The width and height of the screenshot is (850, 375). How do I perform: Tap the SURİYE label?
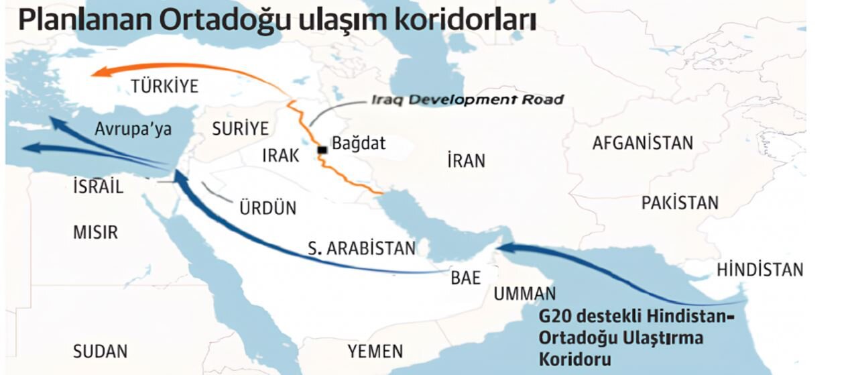click(240, 129)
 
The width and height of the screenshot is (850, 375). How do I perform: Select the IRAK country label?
click(280, 156)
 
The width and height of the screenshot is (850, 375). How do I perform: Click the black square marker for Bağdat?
click(322, 150)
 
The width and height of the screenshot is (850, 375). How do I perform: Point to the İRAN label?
click(466, 161)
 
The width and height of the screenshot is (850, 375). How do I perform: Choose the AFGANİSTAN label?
click(642, 143)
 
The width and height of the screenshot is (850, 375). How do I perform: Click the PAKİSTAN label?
click(680, 203)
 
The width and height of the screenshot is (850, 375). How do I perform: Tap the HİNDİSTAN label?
click(760, 270)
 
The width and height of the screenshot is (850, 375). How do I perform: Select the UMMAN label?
click(525, 294)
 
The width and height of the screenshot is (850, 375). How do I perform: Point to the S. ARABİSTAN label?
click(362, 249)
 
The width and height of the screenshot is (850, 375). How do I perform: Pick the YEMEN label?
click(375, 351)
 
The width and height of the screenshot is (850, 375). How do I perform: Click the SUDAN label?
click(100, 351)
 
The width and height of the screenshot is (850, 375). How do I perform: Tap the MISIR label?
click(95, 233)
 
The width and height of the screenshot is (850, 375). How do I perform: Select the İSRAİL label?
click(99, 187)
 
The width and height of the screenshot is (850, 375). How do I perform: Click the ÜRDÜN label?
click(267, 208)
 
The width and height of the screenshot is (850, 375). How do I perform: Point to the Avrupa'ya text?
click(133, 129)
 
